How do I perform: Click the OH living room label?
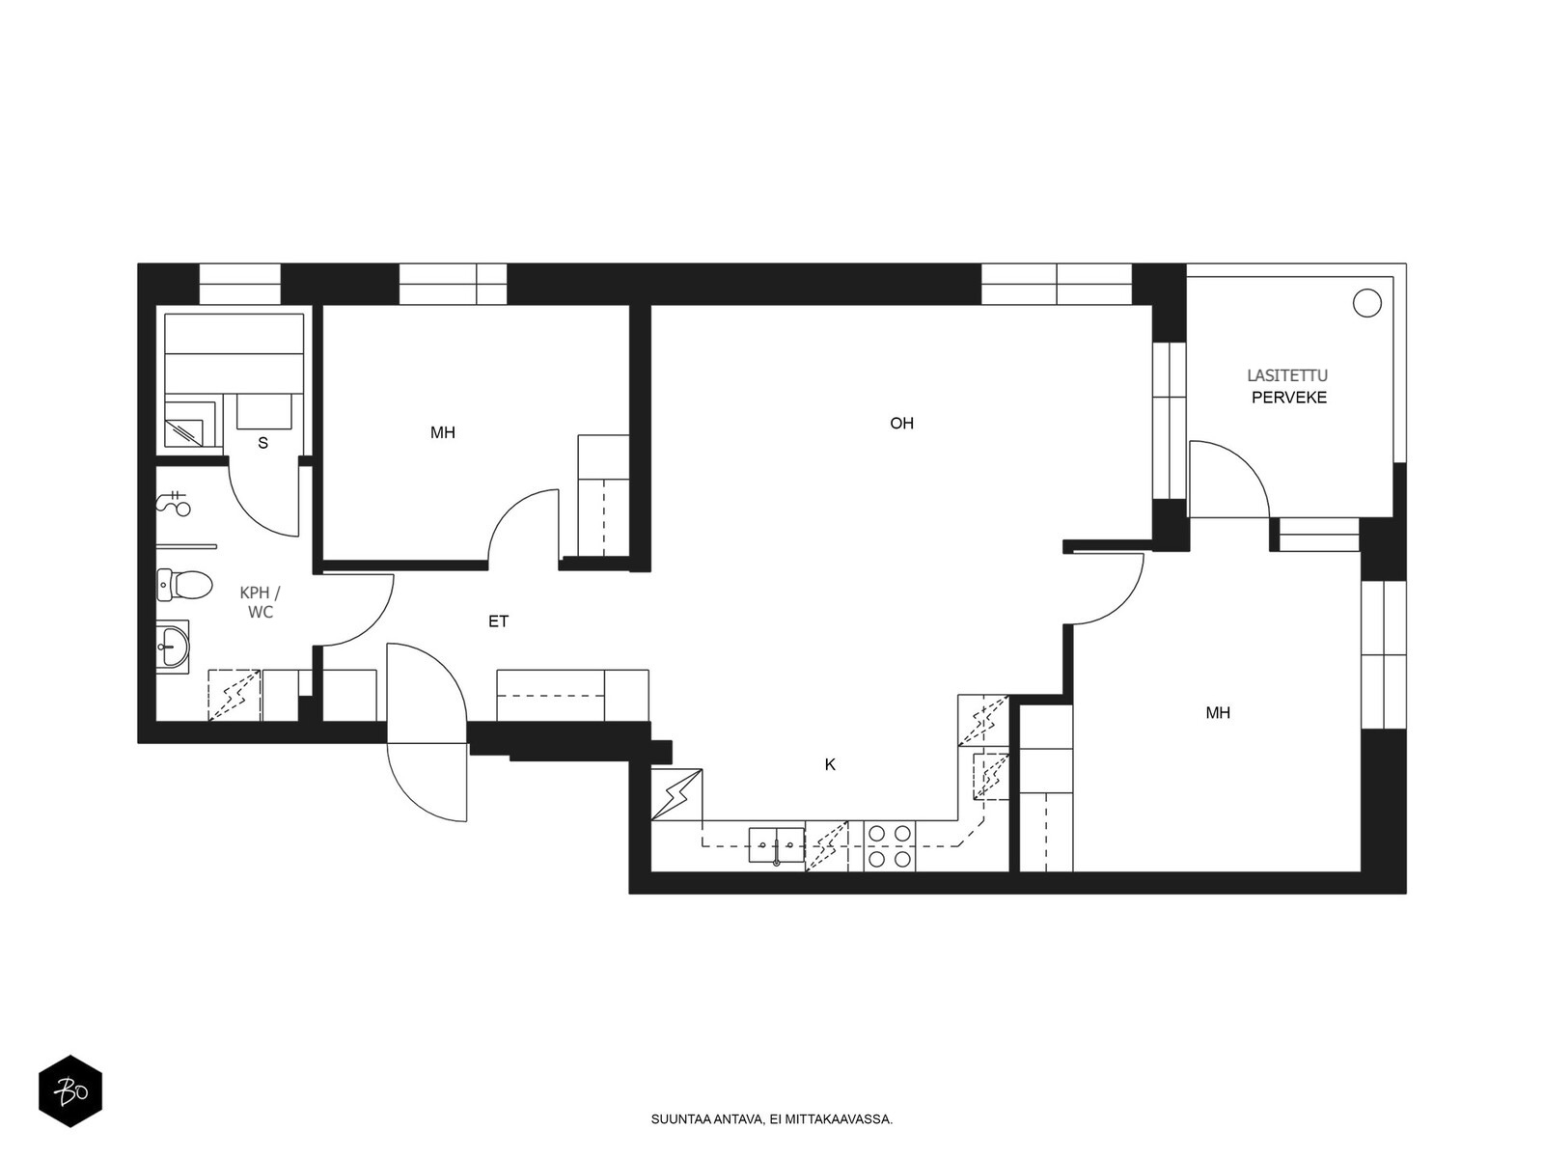pos(901,424)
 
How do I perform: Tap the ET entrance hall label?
pos(498,621)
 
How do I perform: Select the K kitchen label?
pos(830,765)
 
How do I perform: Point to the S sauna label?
pos(263,443)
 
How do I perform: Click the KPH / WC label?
pos(260,602)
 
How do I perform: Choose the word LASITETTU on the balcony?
pos(1287,376)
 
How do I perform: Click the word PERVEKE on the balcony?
pos(1288,398)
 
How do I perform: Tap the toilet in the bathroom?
pos(184,585)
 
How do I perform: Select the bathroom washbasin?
pos(173,647)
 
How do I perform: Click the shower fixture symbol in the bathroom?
pos(174,501)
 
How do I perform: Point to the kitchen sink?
pos(777,846)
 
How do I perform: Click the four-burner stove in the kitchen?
pos(890,846)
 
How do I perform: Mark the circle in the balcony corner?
pos(1366,303)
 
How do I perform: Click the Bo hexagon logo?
pos(70,1091)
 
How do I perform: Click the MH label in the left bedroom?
pos(442,433)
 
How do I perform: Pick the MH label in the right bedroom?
pos(1218,713)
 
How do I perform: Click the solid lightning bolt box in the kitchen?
pos(676,794)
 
